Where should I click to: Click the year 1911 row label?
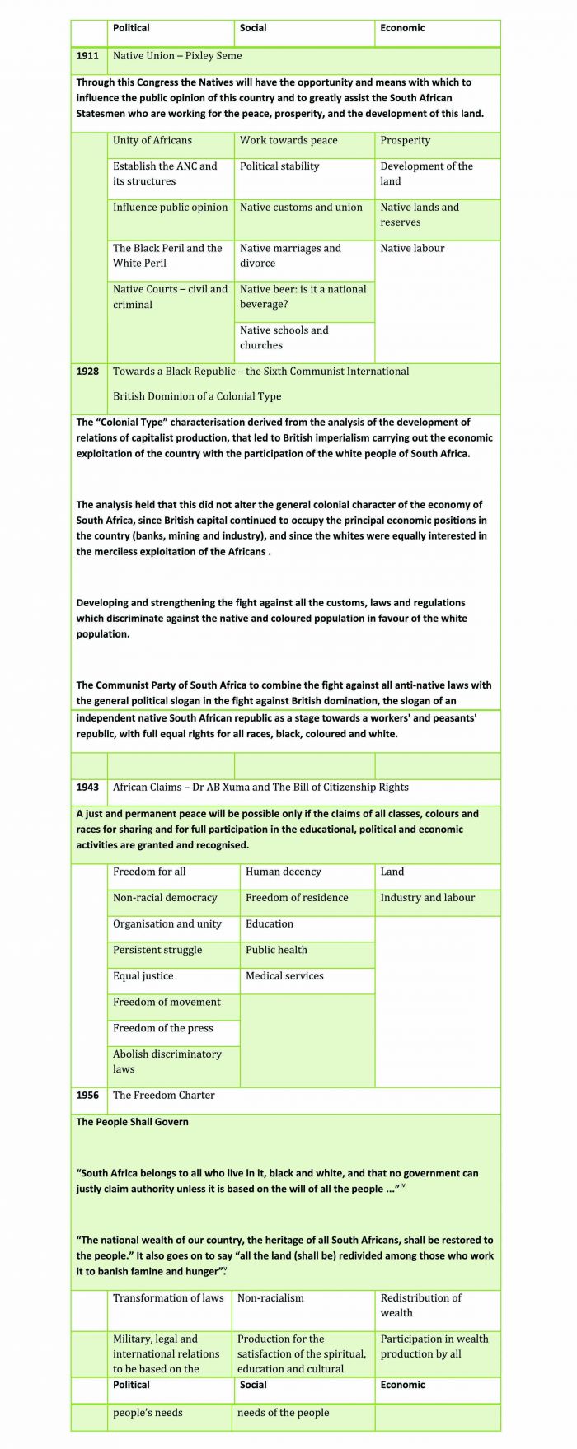point(87,56)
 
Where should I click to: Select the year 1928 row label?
point(87,372)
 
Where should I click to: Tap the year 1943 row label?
point(87,788)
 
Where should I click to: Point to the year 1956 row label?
point(87,1096)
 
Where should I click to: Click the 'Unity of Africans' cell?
point(152,141)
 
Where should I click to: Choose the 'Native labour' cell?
point(412,249)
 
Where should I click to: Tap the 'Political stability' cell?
point(279,166)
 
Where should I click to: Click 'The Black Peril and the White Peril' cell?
point(167,256)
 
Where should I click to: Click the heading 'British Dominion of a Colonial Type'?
point(197,396)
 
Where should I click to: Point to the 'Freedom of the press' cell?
point(163,1028)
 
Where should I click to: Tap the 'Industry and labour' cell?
point(428,898)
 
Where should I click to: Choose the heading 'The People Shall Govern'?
point(133,1122)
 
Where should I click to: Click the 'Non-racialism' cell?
point(270,1298)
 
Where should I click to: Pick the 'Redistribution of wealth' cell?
point(421,1306)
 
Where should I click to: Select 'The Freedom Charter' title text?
point(164,1096)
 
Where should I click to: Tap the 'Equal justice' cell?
point(143,976)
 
